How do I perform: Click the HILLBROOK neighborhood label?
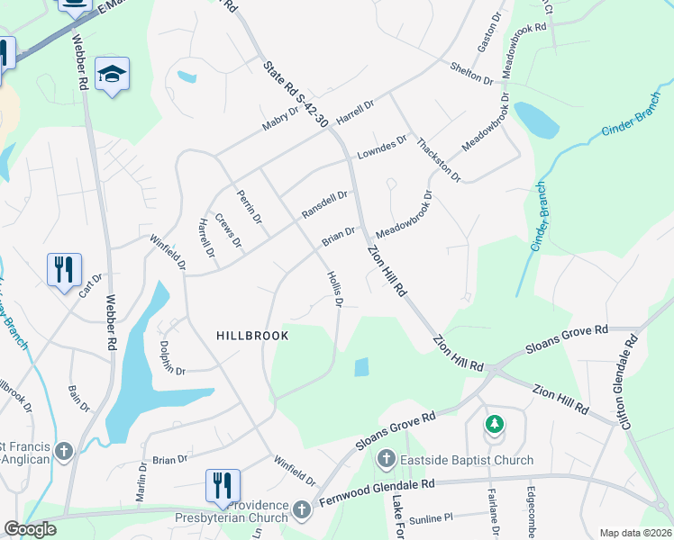[x=252, y=336]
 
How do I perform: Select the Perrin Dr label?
[x=250, y=206]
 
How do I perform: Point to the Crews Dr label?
[x=229, y=230]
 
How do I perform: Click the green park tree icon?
[x=494, y=423]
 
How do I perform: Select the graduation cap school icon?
[x=112, y=75]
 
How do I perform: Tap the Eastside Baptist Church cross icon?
[x=385, y=460]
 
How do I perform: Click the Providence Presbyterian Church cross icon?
[x=301, y=510]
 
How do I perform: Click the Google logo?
[x=30, y=529]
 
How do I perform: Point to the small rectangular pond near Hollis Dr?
[x=361, y=367]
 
